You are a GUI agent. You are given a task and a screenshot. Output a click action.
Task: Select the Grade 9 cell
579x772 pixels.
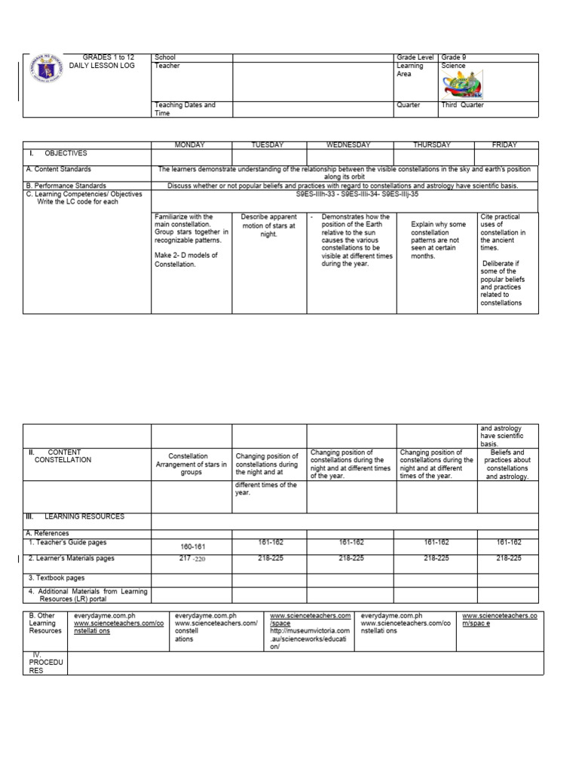coord(455,57)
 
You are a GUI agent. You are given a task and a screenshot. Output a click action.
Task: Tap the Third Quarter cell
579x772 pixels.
coord(463,106)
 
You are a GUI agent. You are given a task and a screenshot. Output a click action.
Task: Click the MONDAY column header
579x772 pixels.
coord(191,145)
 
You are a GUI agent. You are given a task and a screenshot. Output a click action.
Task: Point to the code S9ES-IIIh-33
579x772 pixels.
coord(316,194)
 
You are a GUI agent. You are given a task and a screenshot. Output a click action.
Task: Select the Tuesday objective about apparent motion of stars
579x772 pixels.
coord(268,225)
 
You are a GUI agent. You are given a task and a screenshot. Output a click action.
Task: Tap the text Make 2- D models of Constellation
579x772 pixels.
coord(185,260)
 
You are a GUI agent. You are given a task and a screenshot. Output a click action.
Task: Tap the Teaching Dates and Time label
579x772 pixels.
coord(185,109)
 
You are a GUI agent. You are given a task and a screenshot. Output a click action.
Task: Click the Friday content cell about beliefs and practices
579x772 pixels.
coord(507,464)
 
